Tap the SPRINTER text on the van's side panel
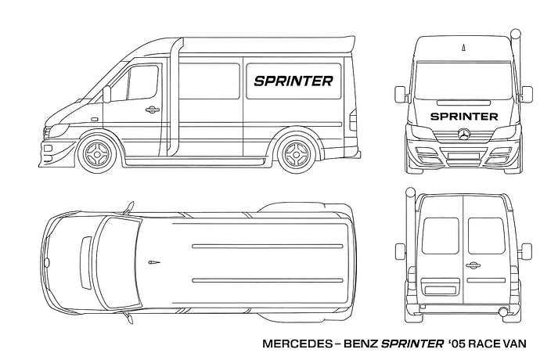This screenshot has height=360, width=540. coord(293,81)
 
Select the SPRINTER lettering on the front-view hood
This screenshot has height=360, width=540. coord(464,117)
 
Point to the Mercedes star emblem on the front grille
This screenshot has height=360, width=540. coord(464,135)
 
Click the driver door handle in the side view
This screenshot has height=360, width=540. coord(152,110)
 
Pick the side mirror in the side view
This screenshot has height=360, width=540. coord(107,94)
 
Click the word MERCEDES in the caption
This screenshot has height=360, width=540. coord(297,344)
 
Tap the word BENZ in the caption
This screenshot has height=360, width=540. coord(361,344)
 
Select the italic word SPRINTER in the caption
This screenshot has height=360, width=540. coord(412,344)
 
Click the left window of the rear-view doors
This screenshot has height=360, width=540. coord(441,236)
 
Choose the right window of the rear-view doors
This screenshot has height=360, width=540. coord(486,236)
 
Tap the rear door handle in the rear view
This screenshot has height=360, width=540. coord(473,265)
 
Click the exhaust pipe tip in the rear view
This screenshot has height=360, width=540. coord(503,311)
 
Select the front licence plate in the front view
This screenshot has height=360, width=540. coord(464,156)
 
